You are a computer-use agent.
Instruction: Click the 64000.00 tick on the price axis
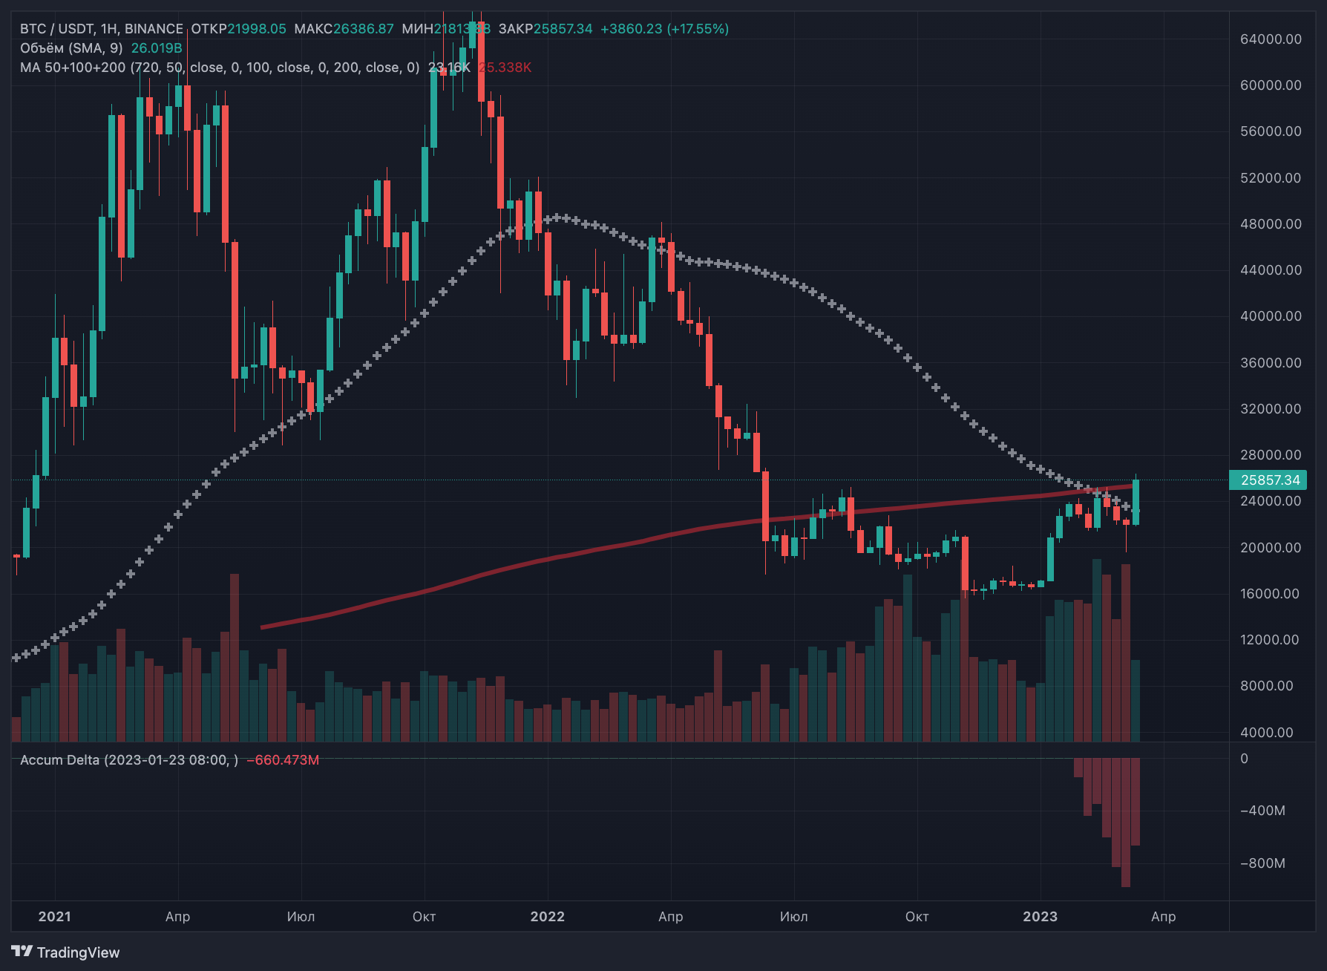coord(1270,39)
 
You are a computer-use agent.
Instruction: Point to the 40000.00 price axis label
coord(1270,316)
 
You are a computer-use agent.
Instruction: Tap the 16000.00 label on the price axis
coord(1270,594)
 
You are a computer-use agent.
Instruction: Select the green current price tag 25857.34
coord(1270,480)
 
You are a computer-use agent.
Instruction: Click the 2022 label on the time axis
coord(547,917)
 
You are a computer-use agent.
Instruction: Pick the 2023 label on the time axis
coord(1040,917)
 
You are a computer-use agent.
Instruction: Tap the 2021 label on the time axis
coord(54,917)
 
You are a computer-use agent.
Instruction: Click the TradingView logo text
coord(78,952)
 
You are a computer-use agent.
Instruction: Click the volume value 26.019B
coord(157,48)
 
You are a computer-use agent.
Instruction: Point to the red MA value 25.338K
coord(505,68)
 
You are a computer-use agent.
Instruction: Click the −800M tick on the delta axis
coord(1262,863)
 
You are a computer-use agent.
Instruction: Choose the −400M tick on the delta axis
coord(1262,811)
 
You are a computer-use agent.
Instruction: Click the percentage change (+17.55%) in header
coord(698,29)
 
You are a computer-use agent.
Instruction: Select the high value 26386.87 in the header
coord(363,29)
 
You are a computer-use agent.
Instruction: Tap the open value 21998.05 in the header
coord(256,29)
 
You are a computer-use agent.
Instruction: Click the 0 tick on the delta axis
coord(1245,759)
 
